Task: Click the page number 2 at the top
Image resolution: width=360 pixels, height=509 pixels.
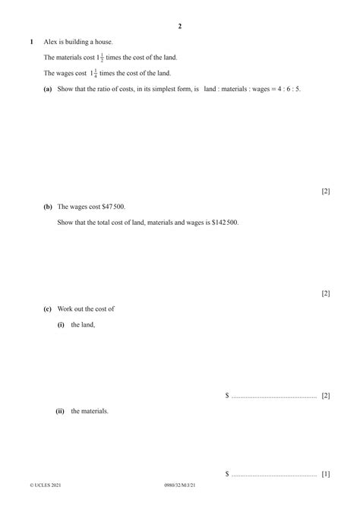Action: (180, 26)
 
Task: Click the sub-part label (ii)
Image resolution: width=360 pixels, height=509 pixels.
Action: (60, 411)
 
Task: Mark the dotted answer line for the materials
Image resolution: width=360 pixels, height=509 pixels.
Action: (273, 475)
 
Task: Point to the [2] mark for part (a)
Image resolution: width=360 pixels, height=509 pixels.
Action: (325, 191)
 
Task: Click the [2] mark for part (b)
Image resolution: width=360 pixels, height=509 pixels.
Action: (325, 293)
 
